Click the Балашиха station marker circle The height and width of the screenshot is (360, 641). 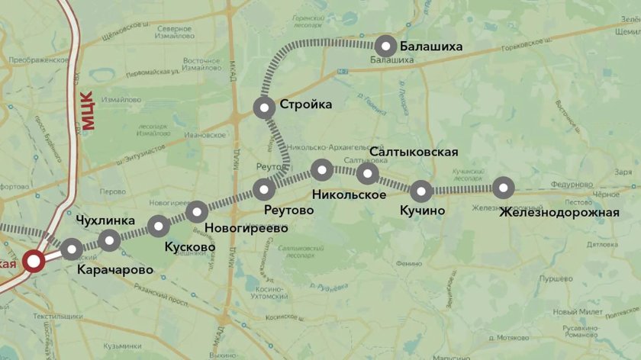tap(386, 46)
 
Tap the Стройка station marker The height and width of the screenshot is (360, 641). tap(265, 108)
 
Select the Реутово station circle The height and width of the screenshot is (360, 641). tap(265, 188)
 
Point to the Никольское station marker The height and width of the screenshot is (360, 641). tap(322, 169)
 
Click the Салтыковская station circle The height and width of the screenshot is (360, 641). tap(368, 174)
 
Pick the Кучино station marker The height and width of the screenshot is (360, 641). tap(421, 190)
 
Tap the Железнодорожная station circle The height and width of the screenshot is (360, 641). tap(502, 187)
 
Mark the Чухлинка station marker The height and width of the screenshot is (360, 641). tap(110, 240)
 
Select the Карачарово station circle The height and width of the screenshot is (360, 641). tap(72, 249)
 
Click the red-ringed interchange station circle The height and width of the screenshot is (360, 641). tap(34, 262)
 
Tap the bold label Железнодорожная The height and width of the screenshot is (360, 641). tap(559, 212)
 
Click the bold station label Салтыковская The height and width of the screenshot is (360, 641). tap(414, 152)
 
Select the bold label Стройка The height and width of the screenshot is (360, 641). tap(306, 104)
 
